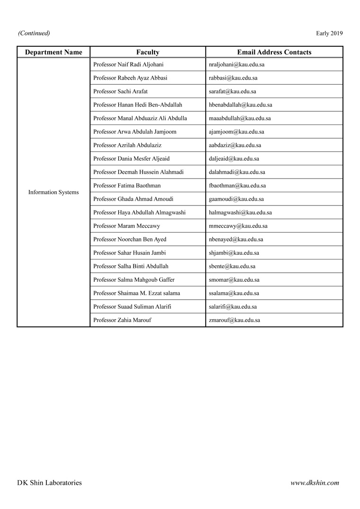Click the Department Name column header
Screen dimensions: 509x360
coord(54,52)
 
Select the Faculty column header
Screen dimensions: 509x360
coord(148,52)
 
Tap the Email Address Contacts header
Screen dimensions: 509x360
coord(274,52)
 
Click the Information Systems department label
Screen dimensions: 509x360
coord(54,192)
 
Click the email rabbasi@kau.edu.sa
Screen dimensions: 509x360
coord(233,78)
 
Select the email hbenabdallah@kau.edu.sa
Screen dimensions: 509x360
coord(240,105)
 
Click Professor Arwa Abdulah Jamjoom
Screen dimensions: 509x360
coord(135,132)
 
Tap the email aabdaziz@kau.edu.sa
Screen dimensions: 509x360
coord(235,145)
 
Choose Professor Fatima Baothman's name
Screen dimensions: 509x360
coord(127,186)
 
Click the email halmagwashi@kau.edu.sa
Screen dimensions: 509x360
coord(240,213)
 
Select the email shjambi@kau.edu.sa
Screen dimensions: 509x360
coord(234,253)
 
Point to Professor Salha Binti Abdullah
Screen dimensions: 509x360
coord(131,266)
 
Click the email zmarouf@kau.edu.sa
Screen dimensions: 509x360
coord(234,320)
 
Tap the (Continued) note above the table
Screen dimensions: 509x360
coord(34,33)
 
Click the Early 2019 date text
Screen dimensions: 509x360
coord(329,33)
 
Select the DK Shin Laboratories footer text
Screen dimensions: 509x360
coord(49,483)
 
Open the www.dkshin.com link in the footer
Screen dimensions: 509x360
coord(315,483)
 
